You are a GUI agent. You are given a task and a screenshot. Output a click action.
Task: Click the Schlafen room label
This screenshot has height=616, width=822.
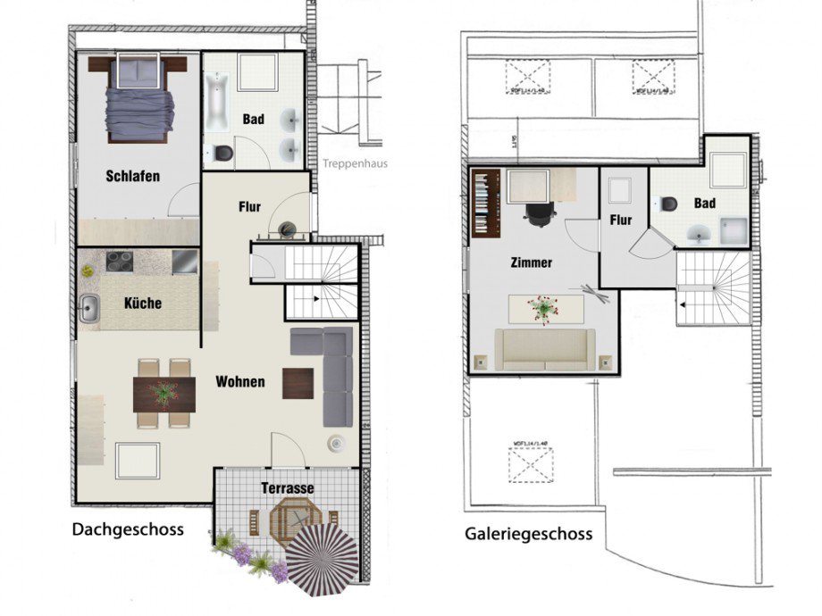(x=132, y=176)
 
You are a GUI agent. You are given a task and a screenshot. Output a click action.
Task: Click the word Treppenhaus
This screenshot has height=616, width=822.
(x=355, y=163)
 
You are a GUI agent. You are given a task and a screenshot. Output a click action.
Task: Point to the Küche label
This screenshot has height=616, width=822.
(x=143, y=303)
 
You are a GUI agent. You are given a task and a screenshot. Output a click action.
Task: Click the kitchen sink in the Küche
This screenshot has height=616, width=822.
(x=88, y=308)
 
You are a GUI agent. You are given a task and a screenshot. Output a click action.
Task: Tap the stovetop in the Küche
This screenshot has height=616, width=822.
(x=120, y=261)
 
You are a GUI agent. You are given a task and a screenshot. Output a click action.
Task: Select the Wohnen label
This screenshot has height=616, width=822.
(x=239, y=381)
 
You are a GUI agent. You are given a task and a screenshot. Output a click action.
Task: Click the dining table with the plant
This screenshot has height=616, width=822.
(x=164, y=394)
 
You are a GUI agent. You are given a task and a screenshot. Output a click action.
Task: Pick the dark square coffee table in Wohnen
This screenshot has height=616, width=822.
(x=298, y=383)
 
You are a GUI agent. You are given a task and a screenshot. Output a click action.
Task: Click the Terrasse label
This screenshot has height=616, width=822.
(x=287, y=488)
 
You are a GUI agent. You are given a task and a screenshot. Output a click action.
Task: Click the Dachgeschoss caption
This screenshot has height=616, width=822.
(x=128, y=529)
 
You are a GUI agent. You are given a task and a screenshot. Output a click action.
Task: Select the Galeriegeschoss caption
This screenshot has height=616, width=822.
(x=528, y=534)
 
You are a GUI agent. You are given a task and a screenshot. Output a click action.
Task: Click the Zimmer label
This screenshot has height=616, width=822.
(x=531, y=263)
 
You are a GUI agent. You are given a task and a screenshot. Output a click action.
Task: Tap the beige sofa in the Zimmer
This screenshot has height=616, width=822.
(x=545, y=349)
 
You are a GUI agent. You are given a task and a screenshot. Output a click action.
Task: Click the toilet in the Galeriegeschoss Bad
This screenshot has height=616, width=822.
(x=668, y=203)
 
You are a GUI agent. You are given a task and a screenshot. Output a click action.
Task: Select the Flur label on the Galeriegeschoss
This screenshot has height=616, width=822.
(x=621, y=220)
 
